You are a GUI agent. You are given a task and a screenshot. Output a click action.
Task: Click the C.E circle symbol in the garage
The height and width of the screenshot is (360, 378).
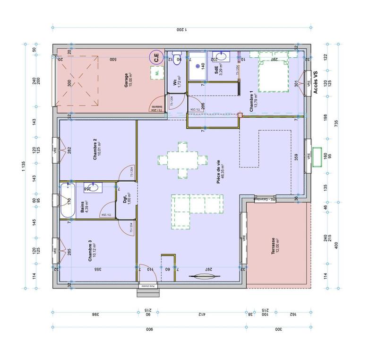[155, 58]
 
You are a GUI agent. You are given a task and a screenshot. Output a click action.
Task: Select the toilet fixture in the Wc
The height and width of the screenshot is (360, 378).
[178, 57]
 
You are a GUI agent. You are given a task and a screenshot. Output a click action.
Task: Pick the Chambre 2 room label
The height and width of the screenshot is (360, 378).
[96, 149]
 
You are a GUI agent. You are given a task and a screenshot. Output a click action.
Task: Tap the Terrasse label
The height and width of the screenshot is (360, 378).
[275, 246]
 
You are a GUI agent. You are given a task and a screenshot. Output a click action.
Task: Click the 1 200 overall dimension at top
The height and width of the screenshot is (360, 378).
[182, 29]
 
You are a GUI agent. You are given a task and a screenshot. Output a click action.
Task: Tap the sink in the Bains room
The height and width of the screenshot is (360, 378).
[92, 188]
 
